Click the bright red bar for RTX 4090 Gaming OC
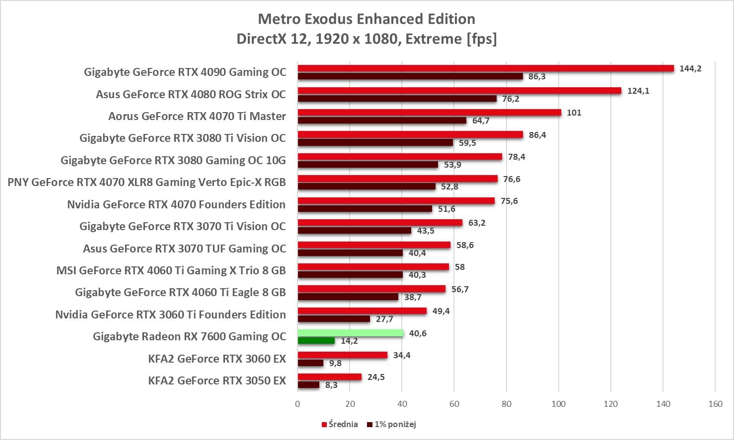(x=486, y=68)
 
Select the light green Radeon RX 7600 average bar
(x=351, y=333)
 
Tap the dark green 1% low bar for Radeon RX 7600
(x=316, y=341)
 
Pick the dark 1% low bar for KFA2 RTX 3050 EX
(x=308, y=385)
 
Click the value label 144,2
(x=690, y=68)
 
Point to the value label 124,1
(x=638, y=91)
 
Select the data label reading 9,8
(x=335, y=363)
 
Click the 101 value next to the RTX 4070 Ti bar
(x=574, y=113)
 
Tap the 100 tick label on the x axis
(x=558, y=404)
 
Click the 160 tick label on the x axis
(x=715, y=404)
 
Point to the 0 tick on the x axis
(x=297, y=404)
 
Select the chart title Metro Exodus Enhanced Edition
(x=367, y=19)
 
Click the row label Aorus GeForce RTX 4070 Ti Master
(x=197, y=116)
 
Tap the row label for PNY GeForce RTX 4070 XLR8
(x=147, y=182)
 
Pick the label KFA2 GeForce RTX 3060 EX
(x=217, y=359)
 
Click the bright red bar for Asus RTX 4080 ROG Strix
(x=459, y=91)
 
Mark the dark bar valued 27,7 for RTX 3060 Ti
(x=334, y=319)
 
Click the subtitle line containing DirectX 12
(x=367, y=39)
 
